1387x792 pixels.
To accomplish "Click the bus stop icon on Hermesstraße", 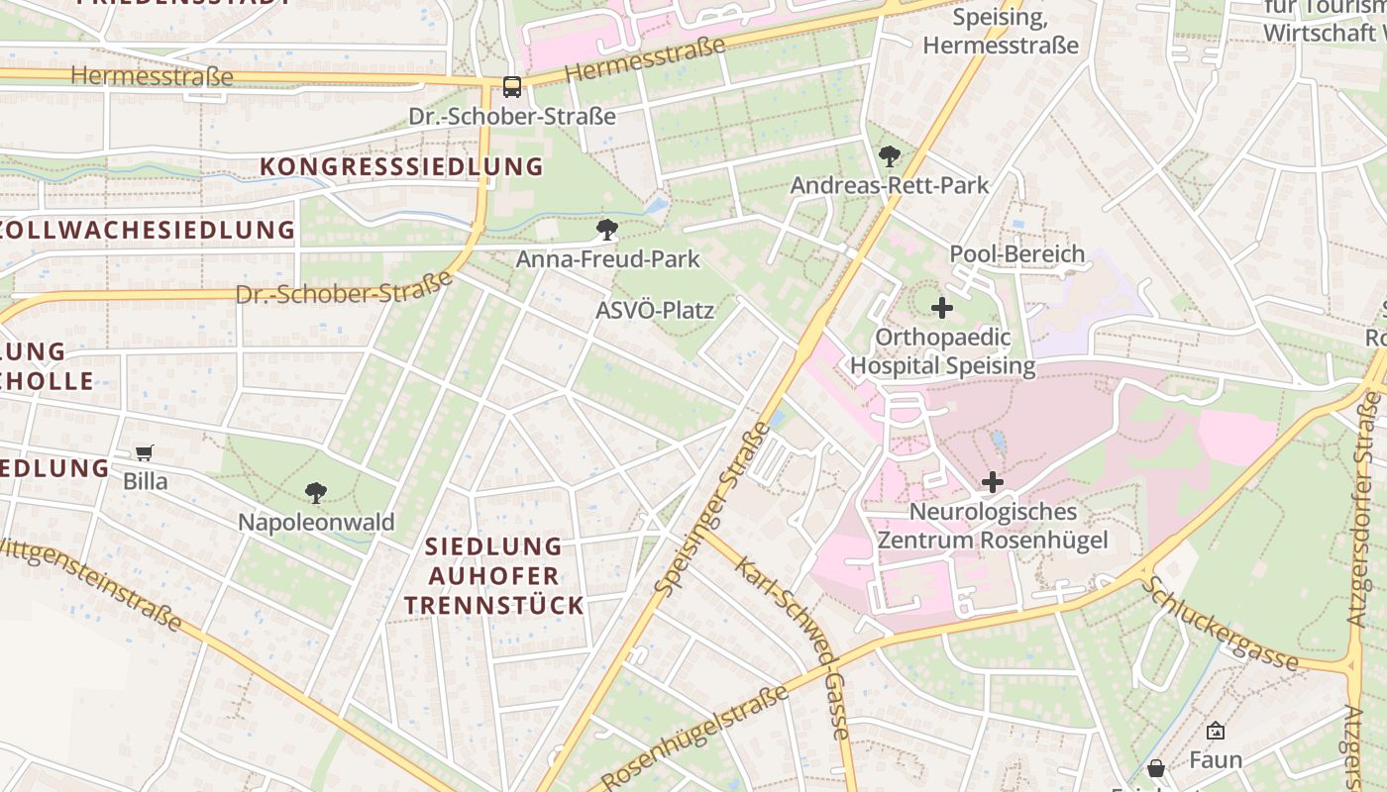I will click(511, 87).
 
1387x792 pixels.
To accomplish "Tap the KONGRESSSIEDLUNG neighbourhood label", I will click(401, 166).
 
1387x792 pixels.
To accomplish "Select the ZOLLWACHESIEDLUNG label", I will click(147, 231).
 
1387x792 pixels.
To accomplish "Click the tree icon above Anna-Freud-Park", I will click(607, 231).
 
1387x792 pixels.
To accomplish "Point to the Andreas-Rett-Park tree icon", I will click(889, 156).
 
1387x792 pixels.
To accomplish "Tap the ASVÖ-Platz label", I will click(654, 311).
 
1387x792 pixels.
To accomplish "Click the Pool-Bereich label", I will click(1017, 254).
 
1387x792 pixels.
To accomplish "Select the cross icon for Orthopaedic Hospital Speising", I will click(942, 308).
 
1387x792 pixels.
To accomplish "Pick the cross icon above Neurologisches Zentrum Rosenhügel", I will click(992, 482).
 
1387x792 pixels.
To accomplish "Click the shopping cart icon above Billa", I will click(145, 453).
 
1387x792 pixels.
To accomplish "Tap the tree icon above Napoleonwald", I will click(316, 492).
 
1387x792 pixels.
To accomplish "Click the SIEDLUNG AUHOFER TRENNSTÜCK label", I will click(493, 575).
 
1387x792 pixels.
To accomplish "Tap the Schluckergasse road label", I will click(1219, 624).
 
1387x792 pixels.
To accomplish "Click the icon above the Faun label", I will click(1215, 732).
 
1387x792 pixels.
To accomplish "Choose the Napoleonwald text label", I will click(316, 522).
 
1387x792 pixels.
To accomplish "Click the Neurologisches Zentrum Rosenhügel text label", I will click(993, 527).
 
